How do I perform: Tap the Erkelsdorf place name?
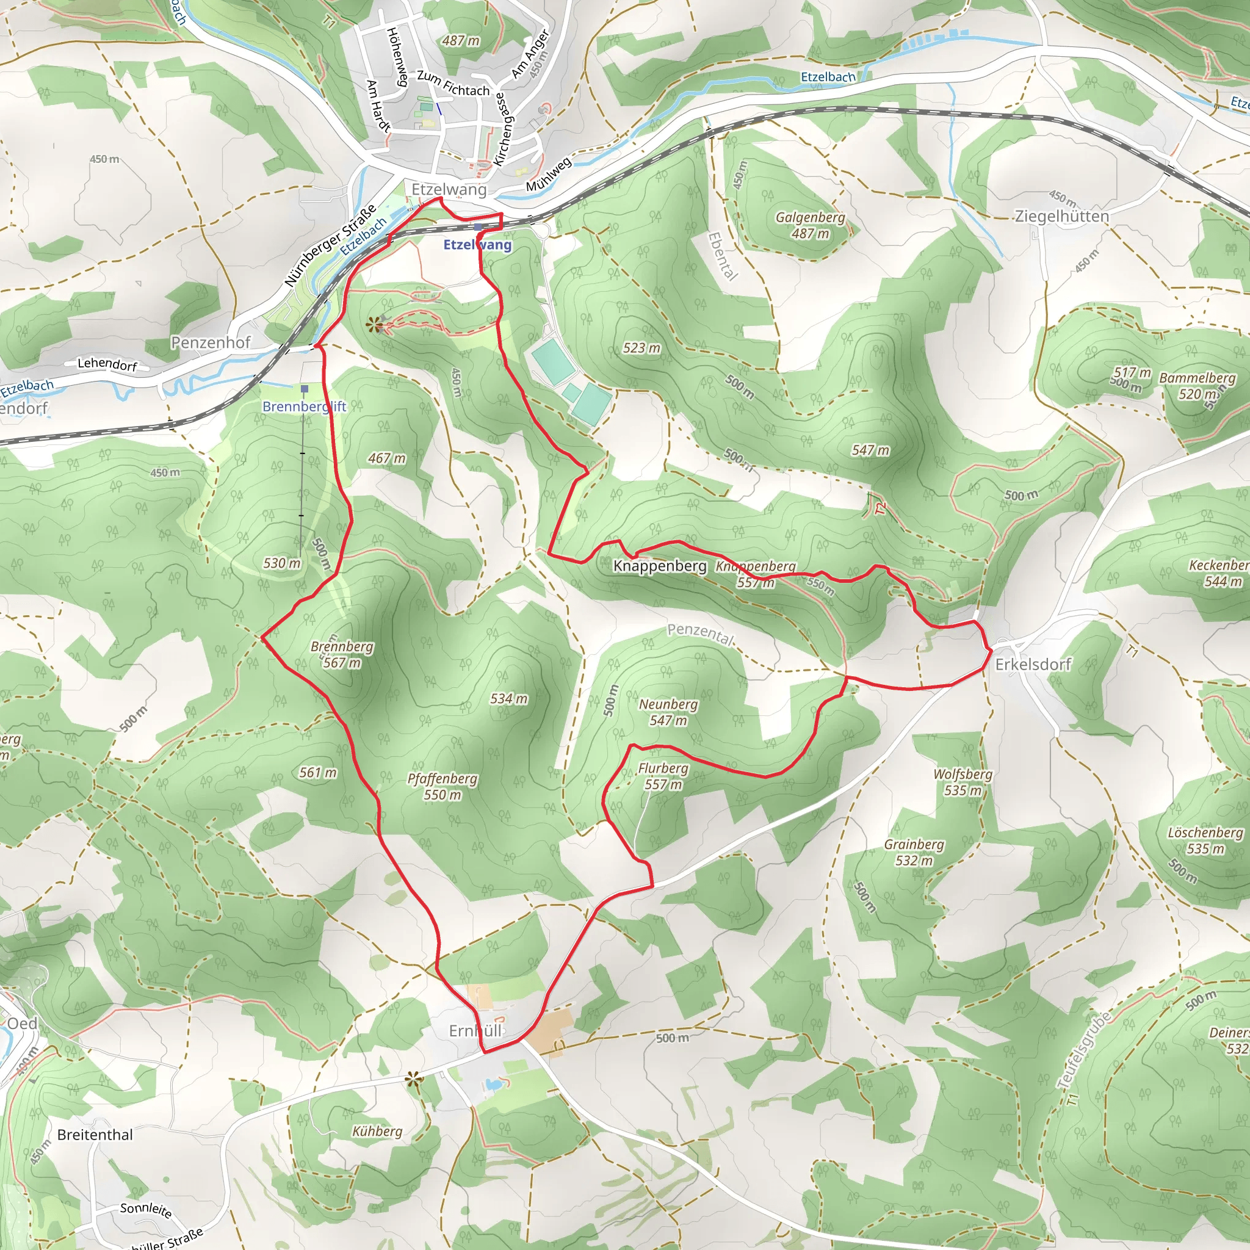(1033, 665)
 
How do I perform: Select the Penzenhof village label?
(211, 342)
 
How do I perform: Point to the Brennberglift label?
(304, 406)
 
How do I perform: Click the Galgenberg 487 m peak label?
(810, 225)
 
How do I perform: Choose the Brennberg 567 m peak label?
(342, 654)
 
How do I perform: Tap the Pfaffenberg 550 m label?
(443, 786)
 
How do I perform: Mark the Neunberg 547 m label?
(668, 712)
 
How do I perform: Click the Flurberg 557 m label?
(663, 776)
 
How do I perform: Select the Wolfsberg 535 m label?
(963, 782)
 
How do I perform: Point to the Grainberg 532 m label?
(914, 852)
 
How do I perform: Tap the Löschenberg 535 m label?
(1205, 840)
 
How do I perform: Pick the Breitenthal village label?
(95, 1135)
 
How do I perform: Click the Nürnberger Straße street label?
(330, 246)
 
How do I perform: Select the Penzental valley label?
(701, 634)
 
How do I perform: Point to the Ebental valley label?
(723, 256)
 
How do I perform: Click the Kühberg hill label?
(377, 1131)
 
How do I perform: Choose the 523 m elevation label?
(641, 348)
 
